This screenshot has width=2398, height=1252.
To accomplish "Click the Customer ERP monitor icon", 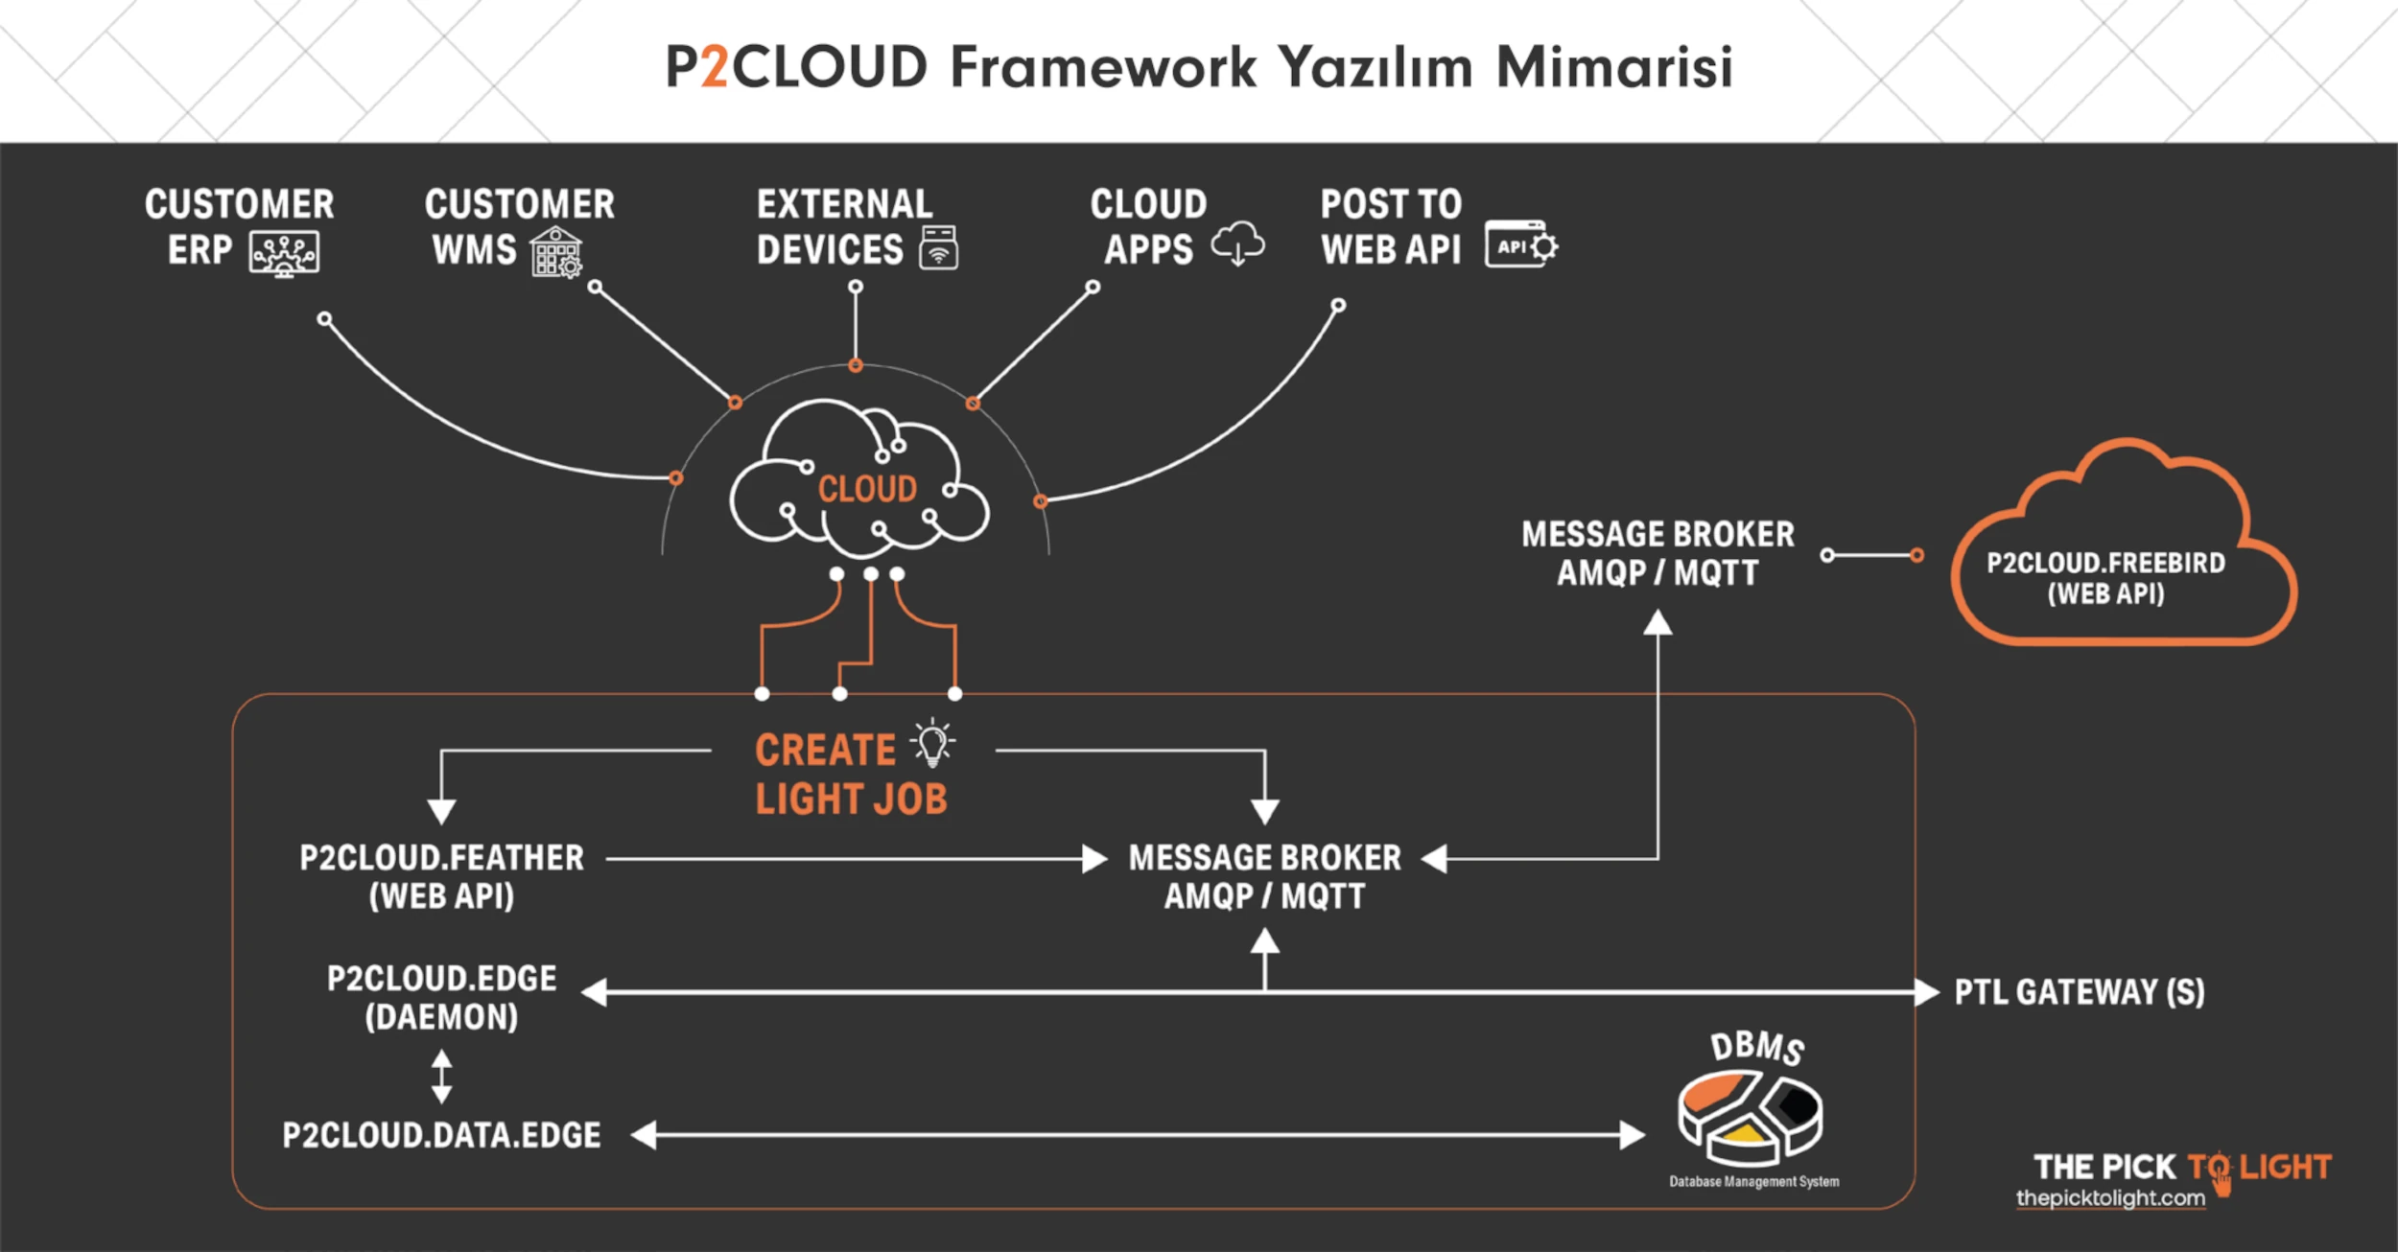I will (x=284, y=253).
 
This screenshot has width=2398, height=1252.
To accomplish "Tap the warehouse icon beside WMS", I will (x=556, y=252).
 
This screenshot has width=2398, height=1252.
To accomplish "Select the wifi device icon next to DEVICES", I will (x=938, y=247).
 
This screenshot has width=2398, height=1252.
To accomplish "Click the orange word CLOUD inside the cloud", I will (x=867, y=489).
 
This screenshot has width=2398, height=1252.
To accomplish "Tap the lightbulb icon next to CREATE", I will (x=932, y=743).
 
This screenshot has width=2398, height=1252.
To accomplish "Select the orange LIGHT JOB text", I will (x=851, y=799).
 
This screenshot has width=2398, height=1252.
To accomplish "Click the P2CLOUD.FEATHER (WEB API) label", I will (x=441, y=876).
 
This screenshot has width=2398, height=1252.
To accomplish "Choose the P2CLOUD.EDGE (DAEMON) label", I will (x=441, y=997).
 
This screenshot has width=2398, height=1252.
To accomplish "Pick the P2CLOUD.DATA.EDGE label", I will (x=441, y=1135).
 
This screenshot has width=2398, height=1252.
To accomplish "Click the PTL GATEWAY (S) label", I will (x=2080, y=992).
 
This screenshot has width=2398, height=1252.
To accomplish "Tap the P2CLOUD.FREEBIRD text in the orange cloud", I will (x=2105, y=563).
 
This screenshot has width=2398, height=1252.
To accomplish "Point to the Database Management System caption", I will (x=1753, y=1182).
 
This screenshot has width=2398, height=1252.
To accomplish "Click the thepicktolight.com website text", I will (x=2110, y=1198).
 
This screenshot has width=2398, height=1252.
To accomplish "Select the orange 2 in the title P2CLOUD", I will (x=714, y=67).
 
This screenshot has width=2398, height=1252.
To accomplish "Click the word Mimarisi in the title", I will (x=1614, y=67).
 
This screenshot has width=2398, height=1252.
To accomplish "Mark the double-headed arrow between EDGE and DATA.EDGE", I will (x=441, y=1077).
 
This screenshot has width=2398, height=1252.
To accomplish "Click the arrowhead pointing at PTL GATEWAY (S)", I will (x=1926, y=992).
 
